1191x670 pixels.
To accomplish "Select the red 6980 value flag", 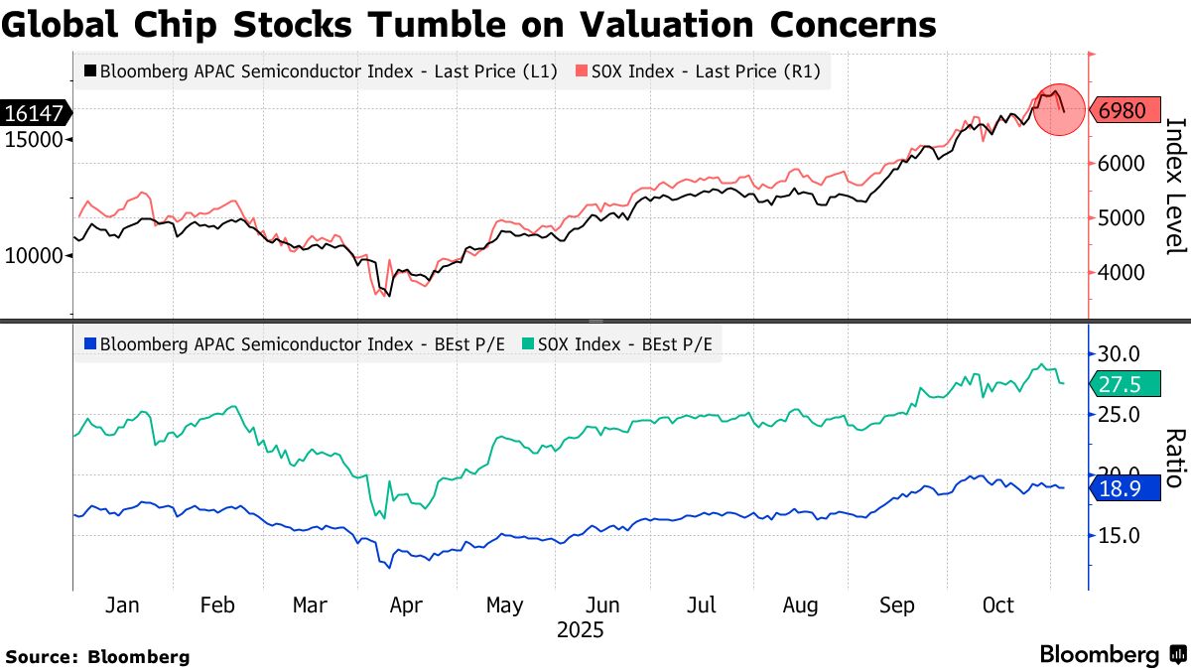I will [1126, 110].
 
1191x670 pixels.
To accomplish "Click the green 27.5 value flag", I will [1126, 384].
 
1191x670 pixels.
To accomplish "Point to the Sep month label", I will [898, 605].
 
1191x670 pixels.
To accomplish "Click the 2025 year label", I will [581, 630].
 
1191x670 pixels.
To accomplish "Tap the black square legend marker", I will [91, 71].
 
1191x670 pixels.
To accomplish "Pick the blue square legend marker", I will [91, 344].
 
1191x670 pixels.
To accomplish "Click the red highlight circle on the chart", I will [1060, 109].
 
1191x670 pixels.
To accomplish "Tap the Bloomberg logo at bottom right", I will [1113, 654].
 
